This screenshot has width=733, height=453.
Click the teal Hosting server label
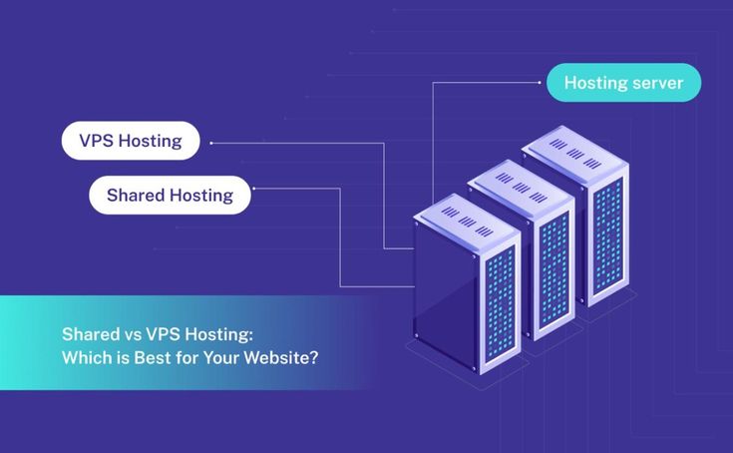(623, 83)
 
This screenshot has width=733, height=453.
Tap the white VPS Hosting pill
(131, 141)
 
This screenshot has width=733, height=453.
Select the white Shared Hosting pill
(170, 196)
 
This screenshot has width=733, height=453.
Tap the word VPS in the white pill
(96, 141)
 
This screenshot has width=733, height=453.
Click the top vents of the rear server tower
(574, 146)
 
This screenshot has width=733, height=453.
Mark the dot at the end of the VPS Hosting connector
(210, 143)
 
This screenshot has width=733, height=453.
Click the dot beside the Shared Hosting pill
(255, 188)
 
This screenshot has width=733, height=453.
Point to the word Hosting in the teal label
(596, 83)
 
